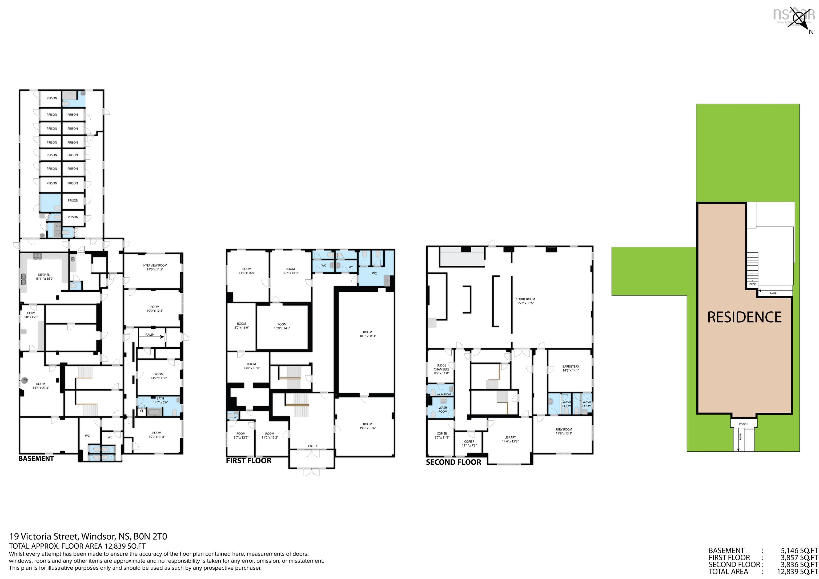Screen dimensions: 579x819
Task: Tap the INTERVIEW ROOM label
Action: coord(154,266)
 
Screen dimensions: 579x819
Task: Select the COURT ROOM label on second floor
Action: coord(525,299)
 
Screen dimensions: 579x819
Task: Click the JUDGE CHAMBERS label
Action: coord(441,367)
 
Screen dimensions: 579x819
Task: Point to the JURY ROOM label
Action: coord(564,429)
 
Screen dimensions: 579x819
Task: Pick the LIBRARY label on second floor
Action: coord(510,437)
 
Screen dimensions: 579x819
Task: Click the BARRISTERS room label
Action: coord(570,366)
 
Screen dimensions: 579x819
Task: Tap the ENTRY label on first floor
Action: coord(312,446)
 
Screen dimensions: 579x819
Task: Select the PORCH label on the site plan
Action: coord(743,424)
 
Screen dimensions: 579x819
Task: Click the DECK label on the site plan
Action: coord(752,284)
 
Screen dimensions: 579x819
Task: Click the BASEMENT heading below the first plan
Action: coord(36,459)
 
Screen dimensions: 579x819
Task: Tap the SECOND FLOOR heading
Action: coord(453,462)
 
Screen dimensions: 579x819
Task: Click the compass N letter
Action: coord(811,32)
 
